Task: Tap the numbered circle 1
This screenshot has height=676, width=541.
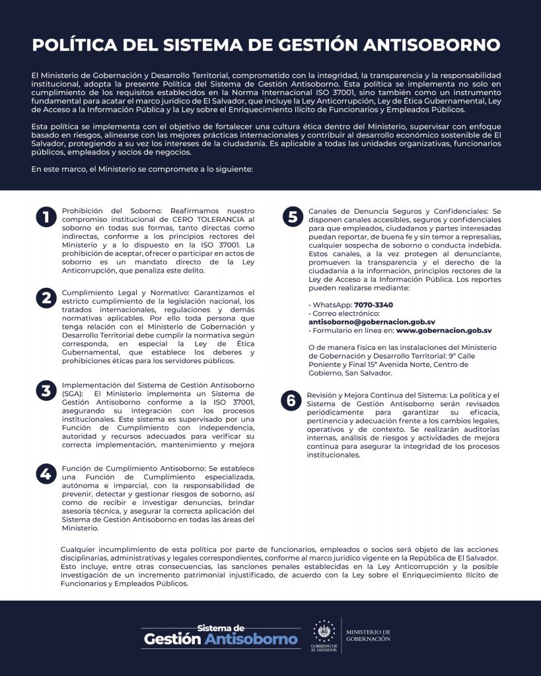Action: pos(46,217)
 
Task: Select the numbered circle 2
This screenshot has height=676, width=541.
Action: pos(46,298)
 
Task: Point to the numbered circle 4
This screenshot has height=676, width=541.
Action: pos(46,473)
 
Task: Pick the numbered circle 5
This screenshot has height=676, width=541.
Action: pos(291,217)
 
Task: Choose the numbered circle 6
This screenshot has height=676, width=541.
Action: pos(291,400)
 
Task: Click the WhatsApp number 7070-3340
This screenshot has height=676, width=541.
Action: pos(373,305)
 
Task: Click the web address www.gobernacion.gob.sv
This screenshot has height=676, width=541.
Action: pos(444,330)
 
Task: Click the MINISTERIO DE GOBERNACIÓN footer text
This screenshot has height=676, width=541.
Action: pos(368,635)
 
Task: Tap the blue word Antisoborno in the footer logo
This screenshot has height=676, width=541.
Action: pos(251,639)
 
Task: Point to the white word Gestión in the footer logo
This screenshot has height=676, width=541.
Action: pos(172,639)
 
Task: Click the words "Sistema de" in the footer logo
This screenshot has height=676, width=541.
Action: pos(221,627)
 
